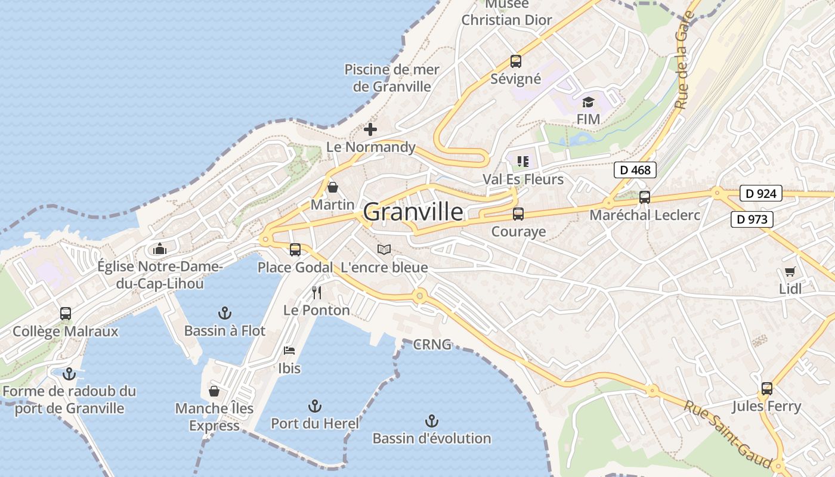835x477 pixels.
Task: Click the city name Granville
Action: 413,212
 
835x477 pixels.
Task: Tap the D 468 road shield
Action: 635,170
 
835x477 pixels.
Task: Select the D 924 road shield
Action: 760,193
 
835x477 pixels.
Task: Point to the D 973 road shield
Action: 751,219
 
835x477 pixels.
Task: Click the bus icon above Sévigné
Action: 516,61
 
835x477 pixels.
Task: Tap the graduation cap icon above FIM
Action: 588,102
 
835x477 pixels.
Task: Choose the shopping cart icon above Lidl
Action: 790,272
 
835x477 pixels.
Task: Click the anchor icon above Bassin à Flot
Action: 224,312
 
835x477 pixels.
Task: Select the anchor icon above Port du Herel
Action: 315,406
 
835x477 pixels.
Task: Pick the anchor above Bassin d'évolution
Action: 432,421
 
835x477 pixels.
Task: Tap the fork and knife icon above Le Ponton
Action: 317,293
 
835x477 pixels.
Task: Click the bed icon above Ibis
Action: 289,351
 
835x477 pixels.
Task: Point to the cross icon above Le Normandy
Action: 370,129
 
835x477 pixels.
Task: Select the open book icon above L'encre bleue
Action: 384,250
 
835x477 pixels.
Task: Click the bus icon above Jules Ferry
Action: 767,389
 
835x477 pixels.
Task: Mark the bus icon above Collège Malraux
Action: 66,313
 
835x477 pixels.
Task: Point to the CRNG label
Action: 432,345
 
